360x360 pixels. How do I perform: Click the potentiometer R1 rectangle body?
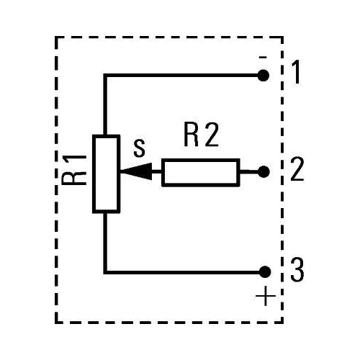click(105, 173)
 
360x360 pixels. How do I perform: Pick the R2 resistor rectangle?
click(200, 172)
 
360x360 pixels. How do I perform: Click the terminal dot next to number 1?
click(264, 74)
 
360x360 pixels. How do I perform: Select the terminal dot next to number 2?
click(264, 172)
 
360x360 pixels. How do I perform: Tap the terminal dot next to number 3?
click(264, 271)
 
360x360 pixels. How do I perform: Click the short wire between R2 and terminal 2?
click(251, 172)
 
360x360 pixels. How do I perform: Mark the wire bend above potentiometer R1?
click(105, 74)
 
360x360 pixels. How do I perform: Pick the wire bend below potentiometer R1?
click(105, 271)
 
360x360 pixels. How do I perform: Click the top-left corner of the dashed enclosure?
click(56, 37)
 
